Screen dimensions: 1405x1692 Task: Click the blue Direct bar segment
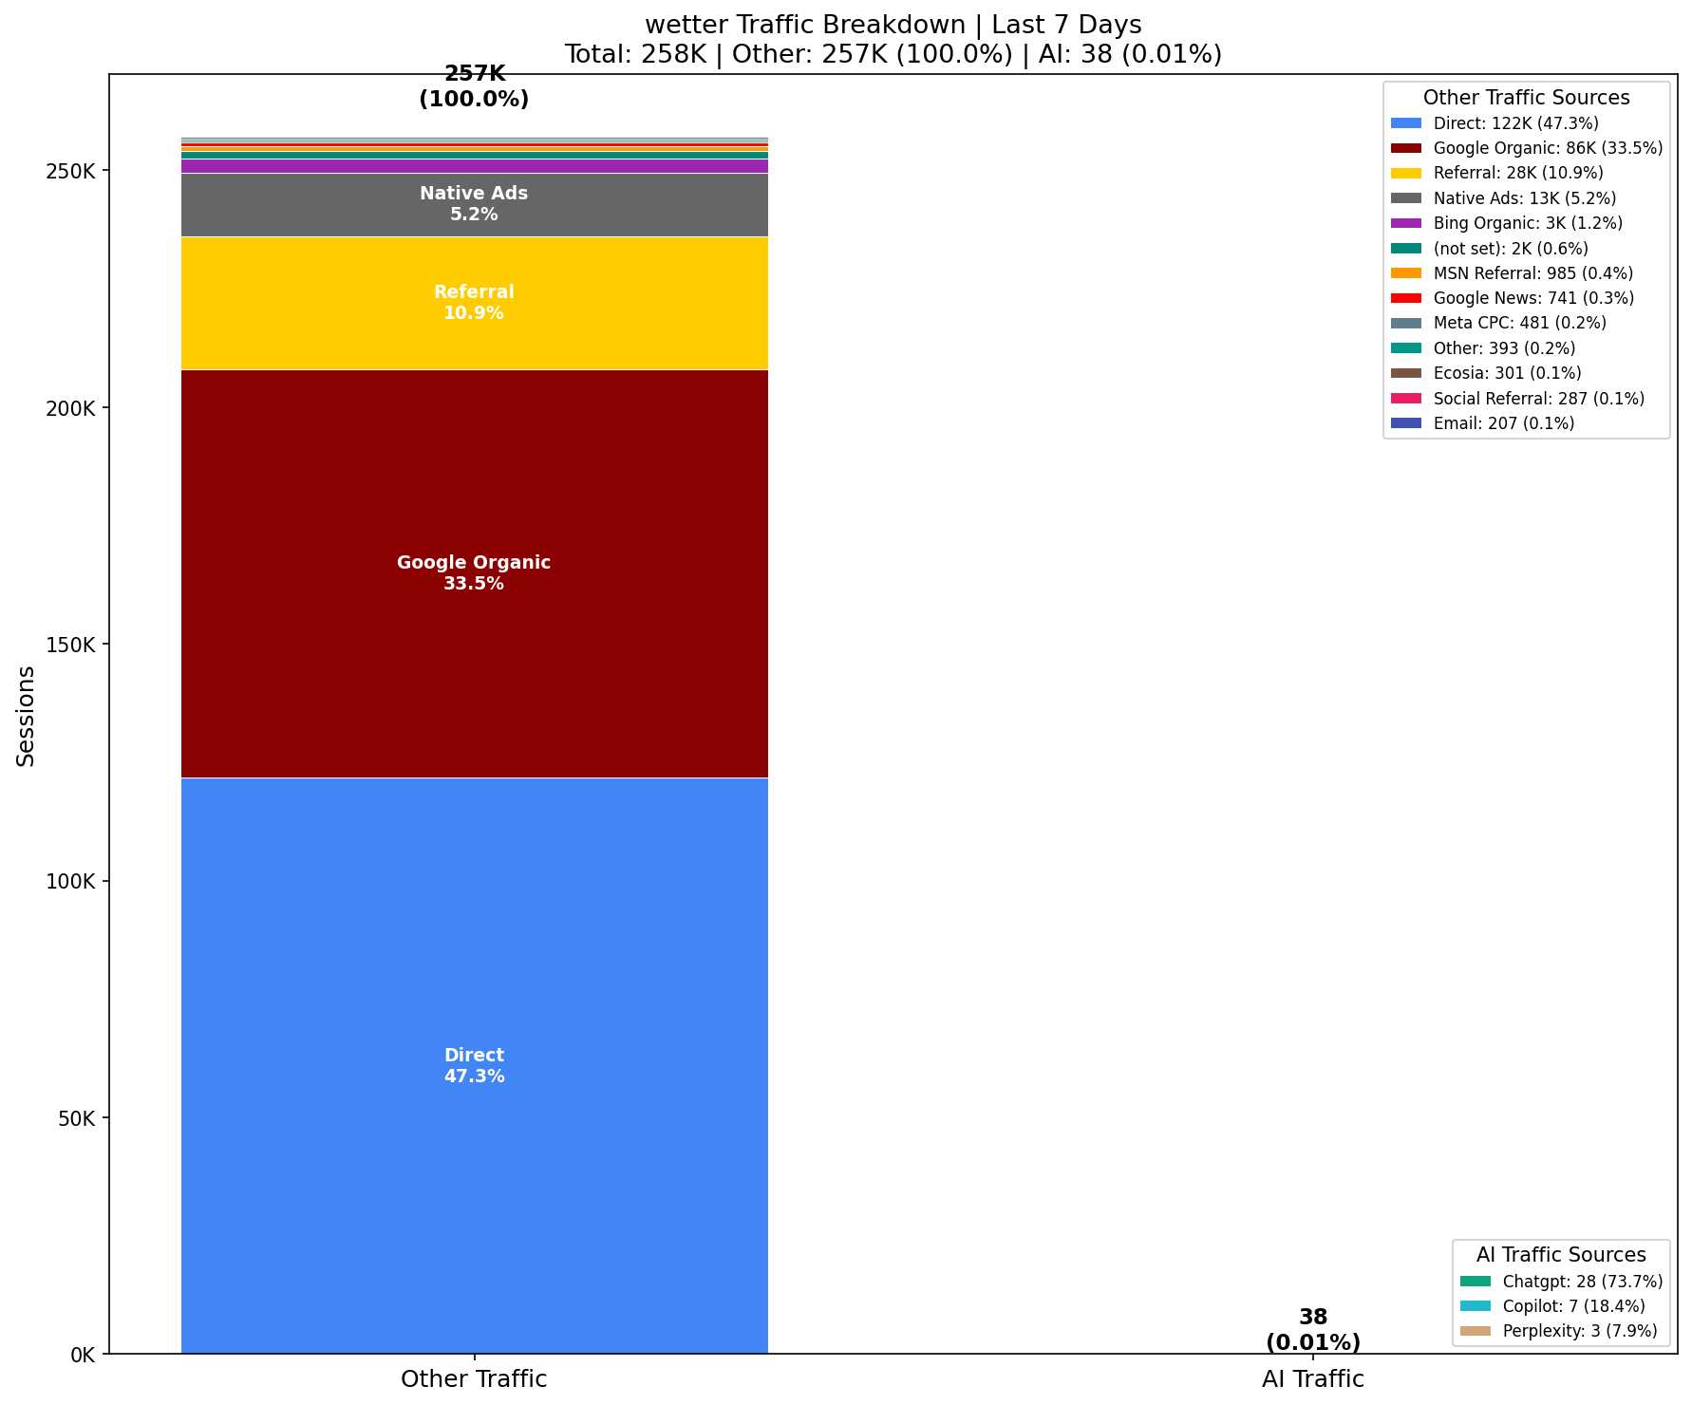(474, 949)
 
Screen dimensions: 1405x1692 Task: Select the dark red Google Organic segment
(474, 475)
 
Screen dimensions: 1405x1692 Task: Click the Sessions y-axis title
(27, 716)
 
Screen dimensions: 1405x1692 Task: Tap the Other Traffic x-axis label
(474, 1379)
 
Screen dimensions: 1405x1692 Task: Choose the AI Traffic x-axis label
(1312, 1379)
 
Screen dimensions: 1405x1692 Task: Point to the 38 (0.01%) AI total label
(1312, 1330)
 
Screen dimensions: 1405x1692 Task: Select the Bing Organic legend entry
(1527, 224)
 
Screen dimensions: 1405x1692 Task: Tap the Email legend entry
(1503, 423)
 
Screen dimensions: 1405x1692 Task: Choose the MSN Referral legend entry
(1532, 273)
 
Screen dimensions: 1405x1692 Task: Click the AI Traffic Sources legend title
(1561, 1255)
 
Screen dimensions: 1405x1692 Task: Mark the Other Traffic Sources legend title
(1526, 98)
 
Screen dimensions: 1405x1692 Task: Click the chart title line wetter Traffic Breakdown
(893, 25)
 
